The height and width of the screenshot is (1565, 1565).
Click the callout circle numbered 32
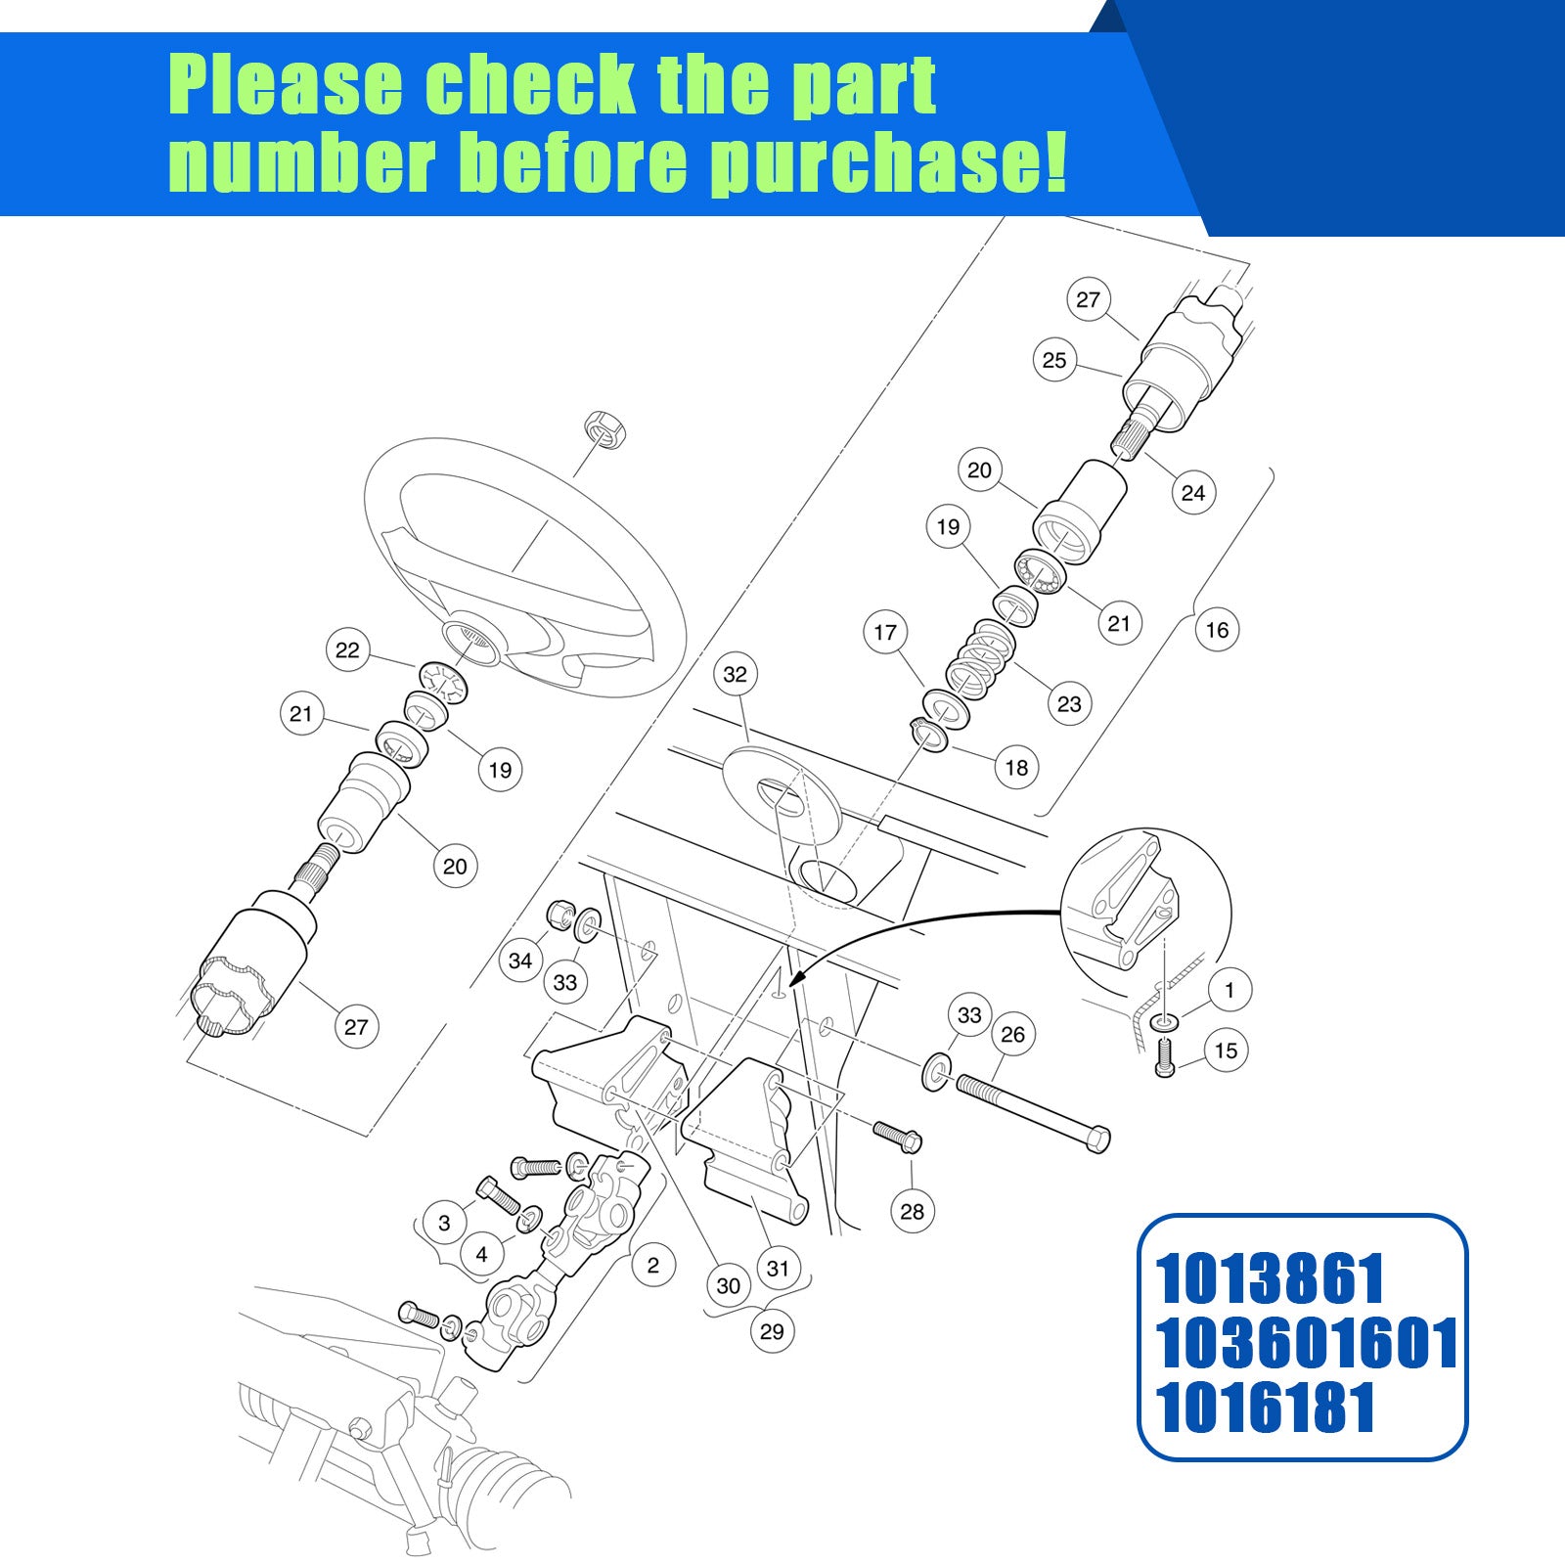pos(735,674)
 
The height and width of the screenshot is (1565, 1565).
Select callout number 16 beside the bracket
pos(1217,630)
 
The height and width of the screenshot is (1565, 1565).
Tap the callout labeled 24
pos(1193,492)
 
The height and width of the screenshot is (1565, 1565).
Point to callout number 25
pos(1053,360)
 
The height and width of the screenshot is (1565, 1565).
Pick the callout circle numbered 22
pos(347,650)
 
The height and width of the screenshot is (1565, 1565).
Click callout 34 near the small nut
pos(520,961)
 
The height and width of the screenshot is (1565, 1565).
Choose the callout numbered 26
pos(1013,1035)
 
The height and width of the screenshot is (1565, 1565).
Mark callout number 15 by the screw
pos(1226,1051)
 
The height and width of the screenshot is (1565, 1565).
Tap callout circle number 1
pos(1230,990)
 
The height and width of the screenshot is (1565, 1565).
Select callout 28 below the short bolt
pos(912,1212)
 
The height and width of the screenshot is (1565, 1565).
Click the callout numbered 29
pos(772,1331)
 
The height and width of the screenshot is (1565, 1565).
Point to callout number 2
pos(653,1266)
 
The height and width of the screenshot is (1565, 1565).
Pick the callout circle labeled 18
pos(1016,768)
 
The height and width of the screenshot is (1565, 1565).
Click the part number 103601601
pos(1307,1343)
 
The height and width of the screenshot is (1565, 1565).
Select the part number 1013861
pos(1271,1278)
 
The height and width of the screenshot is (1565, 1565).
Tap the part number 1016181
pos(1267,1408)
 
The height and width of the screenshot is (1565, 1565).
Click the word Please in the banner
pos(286,86)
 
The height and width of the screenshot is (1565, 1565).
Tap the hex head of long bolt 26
pos(1096,1139)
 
